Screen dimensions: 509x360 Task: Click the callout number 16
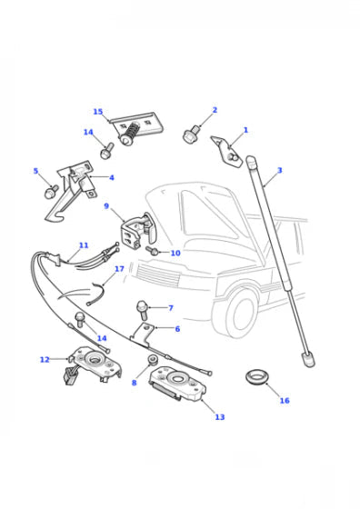point(284,401)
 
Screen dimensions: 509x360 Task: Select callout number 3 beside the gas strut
point(279,170)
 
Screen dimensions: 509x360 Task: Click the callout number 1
point(245,131)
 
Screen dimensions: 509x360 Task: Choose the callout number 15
point(98,112)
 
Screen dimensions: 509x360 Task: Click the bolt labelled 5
point(52,192)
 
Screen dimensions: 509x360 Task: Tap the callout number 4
point(111,178)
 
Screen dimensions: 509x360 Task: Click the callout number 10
point(175,253)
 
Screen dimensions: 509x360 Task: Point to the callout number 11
point(84,245)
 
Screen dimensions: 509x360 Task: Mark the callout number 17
point(119,270)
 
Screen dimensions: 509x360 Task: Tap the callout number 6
point(177,329)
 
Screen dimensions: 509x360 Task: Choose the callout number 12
point(45,360)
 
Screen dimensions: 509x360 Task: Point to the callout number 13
point(219,417)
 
